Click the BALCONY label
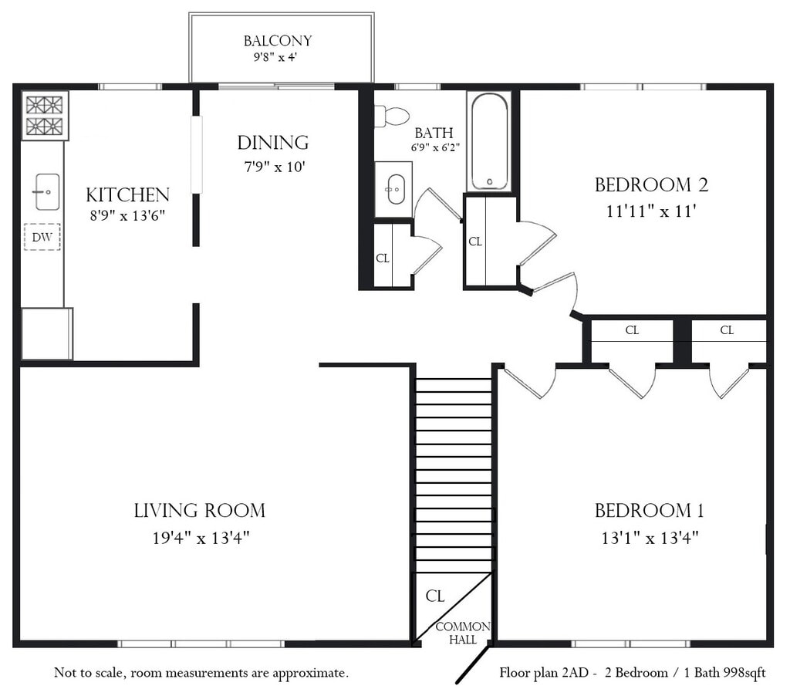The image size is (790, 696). tap(278, 41)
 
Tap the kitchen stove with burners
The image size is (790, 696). tap(45, 116)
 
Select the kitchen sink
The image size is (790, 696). tap(47, 191)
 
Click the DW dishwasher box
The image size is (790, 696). tap(42, 237)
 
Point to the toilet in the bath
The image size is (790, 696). tap(392, 117)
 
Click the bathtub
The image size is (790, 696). tap(488, 142)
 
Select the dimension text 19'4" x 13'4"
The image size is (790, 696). tap(201, 539)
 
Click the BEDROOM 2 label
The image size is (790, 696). tap(651, 185)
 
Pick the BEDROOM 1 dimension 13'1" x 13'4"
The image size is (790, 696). tap(650, 539)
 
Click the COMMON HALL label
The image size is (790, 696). tap(463, 633)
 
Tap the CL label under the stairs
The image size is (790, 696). tap(435, 596)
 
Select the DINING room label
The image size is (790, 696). tap(273, 143)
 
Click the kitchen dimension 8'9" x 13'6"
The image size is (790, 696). tap(127, 216)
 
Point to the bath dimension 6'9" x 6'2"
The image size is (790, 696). tap(435, 147)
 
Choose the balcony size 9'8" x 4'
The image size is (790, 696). tap(275, 57)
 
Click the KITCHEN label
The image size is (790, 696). tap(127, 195)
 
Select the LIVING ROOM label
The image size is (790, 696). tap(200, 511)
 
